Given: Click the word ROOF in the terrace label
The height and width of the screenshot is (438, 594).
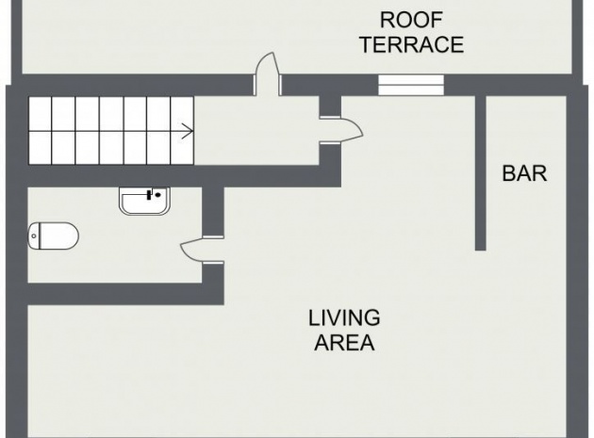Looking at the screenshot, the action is [411, 20].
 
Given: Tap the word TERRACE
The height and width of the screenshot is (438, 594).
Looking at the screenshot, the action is [412, 44].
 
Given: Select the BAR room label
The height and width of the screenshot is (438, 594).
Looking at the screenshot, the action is [524, 173].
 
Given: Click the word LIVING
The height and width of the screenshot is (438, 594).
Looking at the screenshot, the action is [344, 318].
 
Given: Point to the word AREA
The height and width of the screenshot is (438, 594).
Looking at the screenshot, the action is [344, 343].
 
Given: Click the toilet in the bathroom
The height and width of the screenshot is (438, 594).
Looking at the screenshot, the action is [53, 235].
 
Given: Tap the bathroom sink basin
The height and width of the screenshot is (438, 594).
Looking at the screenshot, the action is [144, 201].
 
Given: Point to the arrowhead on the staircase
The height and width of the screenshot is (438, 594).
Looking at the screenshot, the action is [189, 131].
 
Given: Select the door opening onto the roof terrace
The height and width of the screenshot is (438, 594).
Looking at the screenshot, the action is [267, 73].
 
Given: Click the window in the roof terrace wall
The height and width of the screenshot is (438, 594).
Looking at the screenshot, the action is [411, 85].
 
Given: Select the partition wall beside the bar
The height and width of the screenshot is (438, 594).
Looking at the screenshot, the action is [480, 172].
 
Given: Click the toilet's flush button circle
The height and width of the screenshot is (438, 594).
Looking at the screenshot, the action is [34, 236].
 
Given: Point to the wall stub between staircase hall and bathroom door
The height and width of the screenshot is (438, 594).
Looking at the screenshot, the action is [213, 211].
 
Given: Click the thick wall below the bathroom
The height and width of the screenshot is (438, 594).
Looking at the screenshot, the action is [125, 294].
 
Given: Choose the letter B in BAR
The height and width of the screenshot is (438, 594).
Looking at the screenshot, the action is [509, 173].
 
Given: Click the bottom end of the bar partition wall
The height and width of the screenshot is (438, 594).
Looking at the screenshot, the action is [480, 250].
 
